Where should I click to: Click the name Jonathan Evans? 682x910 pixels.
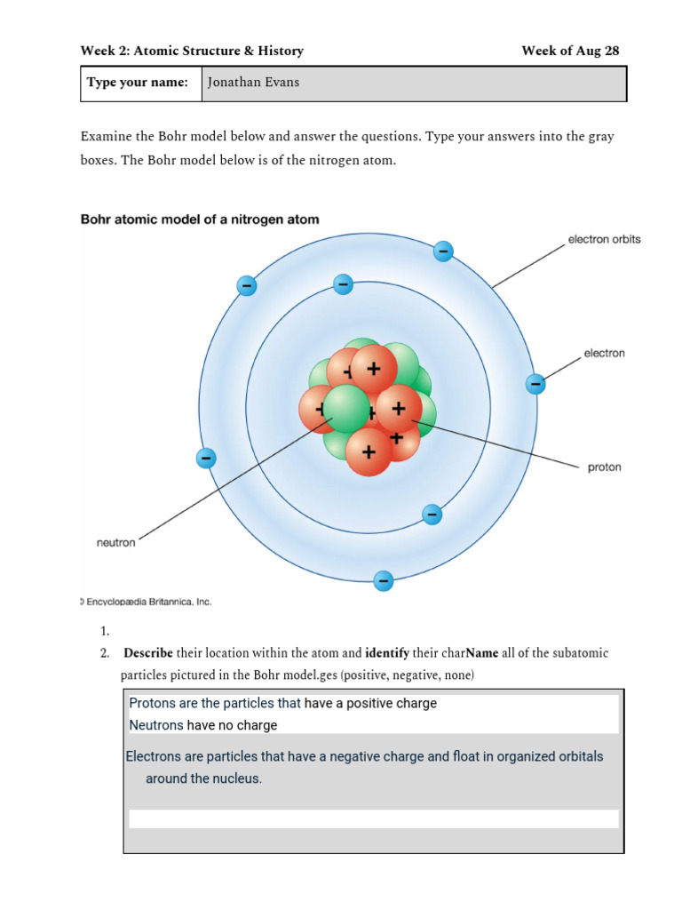[x=253, y=83]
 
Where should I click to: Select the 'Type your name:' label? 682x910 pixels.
[x=138, y=83]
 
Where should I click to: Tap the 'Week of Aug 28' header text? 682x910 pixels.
[x=570, y=51]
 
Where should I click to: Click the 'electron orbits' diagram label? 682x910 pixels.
[x=604, y=239]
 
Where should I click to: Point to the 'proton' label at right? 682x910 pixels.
[x=605, y=467]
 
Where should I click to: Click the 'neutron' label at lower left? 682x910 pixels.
[x=115, y=542]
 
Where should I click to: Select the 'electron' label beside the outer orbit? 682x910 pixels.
[x=604, y=353]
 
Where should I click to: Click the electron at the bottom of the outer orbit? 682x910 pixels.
[x=384, y=581]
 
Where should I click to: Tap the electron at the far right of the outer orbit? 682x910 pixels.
[x=535, y=384]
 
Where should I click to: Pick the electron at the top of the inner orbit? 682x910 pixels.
[x=343, y=284]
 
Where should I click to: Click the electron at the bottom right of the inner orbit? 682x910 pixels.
[x=432, y=514]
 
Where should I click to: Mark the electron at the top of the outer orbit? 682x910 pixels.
[x=443, y=251]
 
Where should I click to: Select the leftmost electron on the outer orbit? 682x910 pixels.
[x=206, y=459]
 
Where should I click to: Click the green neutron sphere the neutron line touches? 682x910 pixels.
[x=345, y=408]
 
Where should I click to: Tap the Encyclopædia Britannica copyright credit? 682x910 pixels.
[x=147, y=602]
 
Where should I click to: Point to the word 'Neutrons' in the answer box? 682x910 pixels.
[x=156, y=725]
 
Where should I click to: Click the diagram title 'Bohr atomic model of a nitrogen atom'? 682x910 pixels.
[x=200, y=219]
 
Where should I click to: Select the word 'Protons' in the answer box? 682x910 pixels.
[x=152, y=703]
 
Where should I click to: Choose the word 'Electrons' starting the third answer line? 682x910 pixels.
[x=156, y=756]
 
